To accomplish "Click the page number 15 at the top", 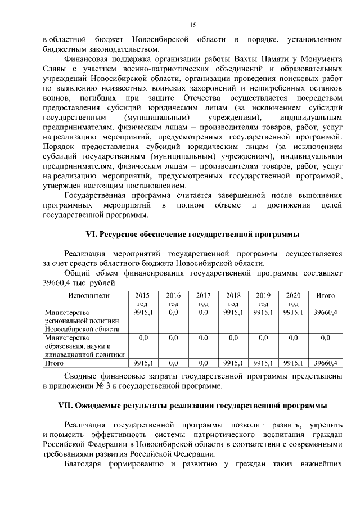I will tap(192, 24).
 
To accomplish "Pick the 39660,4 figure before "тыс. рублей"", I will tap(60, 282).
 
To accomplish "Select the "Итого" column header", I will tap(326, 295).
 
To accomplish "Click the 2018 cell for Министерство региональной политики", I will tap(233, 312).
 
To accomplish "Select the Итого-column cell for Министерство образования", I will tap(326, 337).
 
